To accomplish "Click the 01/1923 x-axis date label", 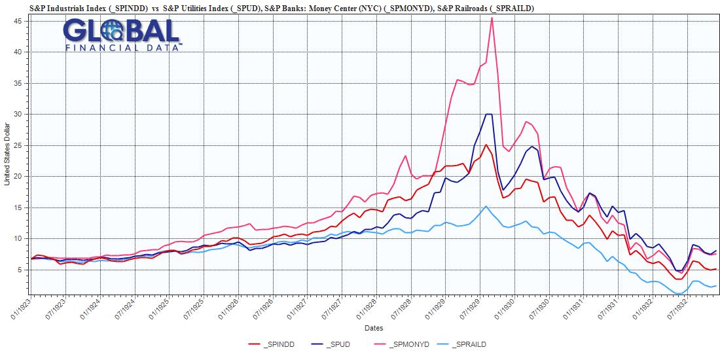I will click(20, 308).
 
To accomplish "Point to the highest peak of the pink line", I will click(492, 18).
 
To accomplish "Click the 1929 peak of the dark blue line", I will click(488, 115).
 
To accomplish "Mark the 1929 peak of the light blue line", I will click(486, 206).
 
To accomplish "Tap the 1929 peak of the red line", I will click(486, 145).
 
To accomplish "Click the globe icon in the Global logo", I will click(115, 30).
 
